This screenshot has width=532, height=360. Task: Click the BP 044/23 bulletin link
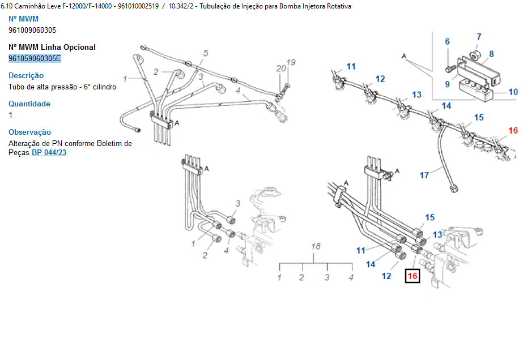[x=49, y=153]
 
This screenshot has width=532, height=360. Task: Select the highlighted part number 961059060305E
[x=35, y=58]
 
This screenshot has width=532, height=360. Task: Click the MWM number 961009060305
[x=32, y=30]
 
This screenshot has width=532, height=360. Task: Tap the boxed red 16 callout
[x=412, y=276]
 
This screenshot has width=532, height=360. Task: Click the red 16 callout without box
[x=513, y=131]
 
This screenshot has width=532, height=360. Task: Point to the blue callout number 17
[x=424, y=175]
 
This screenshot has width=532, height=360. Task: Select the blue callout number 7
[x=479, y=37]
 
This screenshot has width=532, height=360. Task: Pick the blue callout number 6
[x=447, y=42]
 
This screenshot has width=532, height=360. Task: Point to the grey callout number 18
[x=316, y=246]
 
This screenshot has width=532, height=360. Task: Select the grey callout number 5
[x=206, y=53]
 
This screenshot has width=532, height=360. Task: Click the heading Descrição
[x=26, y=75]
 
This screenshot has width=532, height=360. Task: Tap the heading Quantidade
[x=29, y=104]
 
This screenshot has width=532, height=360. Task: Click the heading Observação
[x=29, y=132]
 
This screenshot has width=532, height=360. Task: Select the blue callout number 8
[x=491, y=54]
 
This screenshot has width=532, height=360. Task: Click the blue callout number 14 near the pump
[x=371, y=264]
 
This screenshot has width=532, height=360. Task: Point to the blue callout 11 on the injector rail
[x=351, y=67]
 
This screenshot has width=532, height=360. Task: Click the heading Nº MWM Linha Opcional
[x=52, y=47]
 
